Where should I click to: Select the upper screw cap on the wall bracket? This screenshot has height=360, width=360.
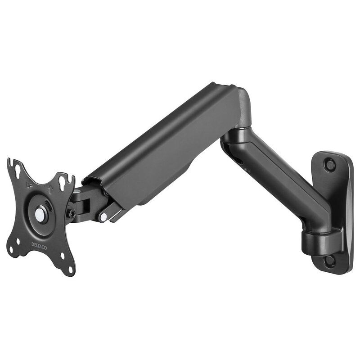(x=331, y=165)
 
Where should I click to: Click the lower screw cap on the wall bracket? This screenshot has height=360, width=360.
(x=330, y=260)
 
